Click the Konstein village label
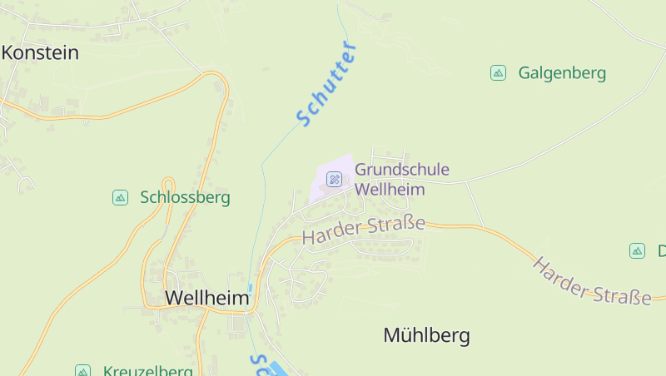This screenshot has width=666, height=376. point(40,53)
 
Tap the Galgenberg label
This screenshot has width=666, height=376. point(562,73)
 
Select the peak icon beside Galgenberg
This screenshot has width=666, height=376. point(498,73)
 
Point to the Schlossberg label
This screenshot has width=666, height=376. point(185,198)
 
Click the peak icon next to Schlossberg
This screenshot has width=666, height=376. point(120,197)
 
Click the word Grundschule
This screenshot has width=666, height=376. point(402,171)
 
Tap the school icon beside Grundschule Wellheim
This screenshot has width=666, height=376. point(334,179)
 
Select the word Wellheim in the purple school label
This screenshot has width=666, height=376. point(390,190)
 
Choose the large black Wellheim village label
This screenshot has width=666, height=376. point(206,298)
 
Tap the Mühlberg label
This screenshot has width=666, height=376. point(426,336)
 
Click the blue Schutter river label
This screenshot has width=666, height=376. point(326,84)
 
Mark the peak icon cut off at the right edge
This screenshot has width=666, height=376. point(637,250)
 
